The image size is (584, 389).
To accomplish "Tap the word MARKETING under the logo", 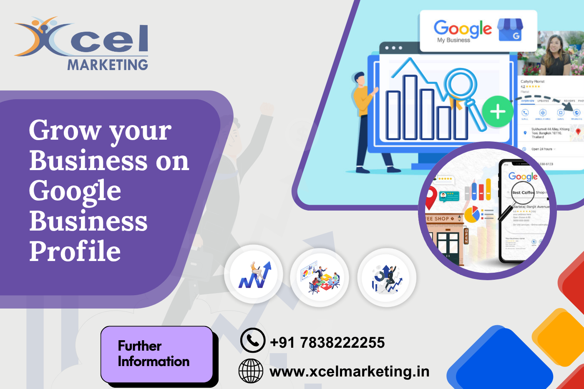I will (x=108, y=65).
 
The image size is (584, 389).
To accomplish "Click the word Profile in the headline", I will (x=75, y=251).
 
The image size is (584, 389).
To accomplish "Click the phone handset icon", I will (x=253, y=340).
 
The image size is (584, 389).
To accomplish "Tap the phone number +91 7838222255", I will (x=327, y=342).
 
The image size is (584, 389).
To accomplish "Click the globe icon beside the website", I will (x=251, y=371).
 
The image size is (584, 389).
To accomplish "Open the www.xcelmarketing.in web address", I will (x=350, y=371).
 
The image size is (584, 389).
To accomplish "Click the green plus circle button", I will (x=497, y=112).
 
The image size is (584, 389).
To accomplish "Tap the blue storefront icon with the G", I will (x=511, y=30).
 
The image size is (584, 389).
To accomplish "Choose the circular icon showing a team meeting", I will (x=320, y=277).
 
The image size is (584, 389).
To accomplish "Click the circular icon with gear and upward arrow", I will (x=387, y=278).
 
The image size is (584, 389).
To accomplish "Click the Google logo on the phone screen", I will (x=523, y=176).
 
